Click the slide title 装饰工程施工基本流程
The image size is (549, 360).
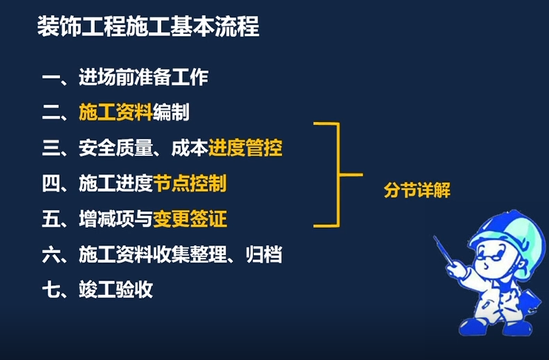pos(148,26)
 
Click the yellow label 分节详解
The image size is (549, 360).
pos(417,190)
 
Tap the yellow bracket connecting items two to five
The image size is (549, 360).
pos(338,174)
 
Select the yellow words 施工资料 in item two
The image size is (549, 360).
pos(115,112)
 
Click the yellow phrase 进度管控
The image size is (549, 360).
pos(246,148)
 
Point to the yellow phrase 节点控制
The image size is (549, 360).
pos(189,183)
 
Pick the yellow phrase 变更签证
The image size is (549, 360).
pos(189,219)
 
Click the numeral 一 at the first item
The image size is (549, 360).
pos(51,78)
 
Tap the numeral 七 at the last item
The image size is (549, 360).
pos(51,289)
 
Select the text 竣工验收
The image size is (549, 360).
pos(116,289)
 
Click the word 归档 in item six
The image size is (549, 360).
pos(263,254)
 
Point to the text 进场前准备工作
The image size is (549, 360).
pos(144,77)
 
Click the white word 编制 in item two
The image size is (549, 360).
pos(171,112)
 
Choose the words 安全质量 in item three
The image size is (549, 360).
pos(116,148)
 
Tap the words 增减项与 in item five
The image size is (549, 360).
pos(115,219)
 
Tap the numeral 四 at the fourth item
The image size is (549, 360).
pos(51,183)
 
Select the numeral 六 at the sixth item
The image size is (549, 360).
pos(51,254)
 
